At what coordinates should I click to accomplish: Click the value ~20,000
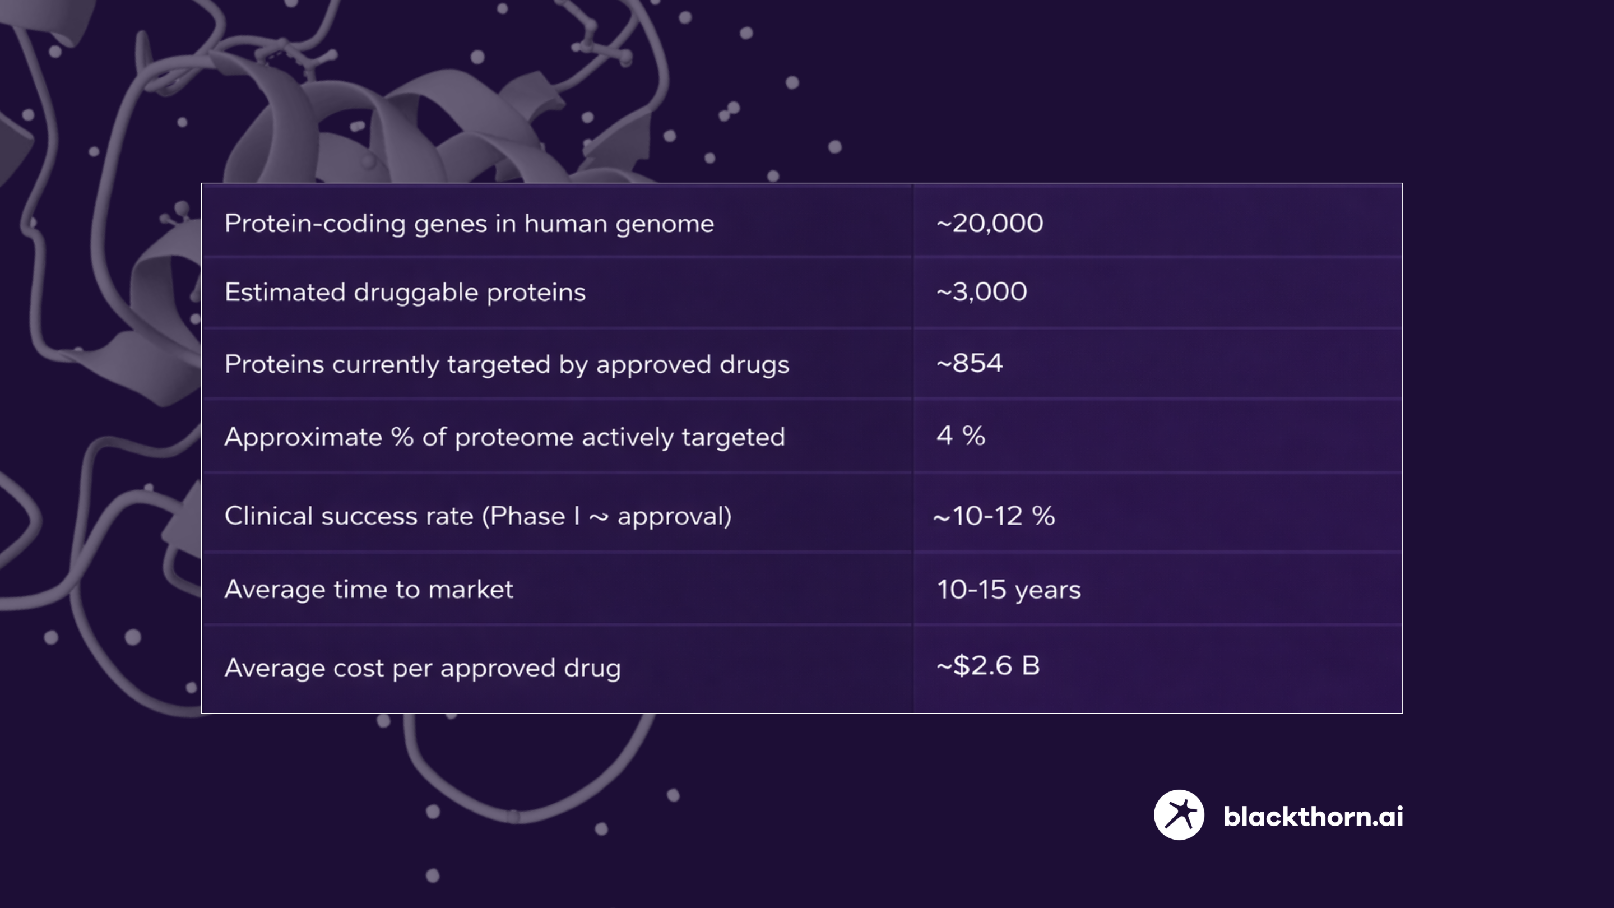point(989,223)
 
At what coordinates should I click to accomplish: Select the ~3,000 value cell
point(981,291)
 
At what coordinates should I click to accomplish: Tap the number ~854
point(970,363)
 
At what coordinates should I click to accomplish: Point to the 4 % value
point(961,436)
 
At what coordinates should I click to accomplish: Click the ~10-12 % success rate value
point(994,516)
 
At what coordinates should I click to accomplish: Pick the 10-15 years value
point(1009,590)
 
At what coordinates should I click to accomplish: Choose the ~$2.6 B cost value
point(988,665)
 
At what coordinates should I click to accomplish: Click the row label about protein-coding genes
point(469,224)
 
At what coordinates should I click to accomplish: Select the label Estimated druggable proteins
point(405,293)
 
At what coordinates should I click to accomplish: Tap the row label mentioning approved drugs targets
point(507,365)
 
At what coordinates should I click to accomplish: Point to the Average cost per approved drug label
point(423,668)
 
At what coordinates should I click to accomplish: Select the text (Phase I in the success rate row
point(530,516)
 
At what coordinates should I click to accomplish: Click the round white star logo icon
point(1179,814)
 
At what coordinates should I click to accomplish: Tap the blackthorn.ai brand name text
point(1313,816)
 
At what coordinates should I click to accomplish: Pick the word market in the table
point(471,589)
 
